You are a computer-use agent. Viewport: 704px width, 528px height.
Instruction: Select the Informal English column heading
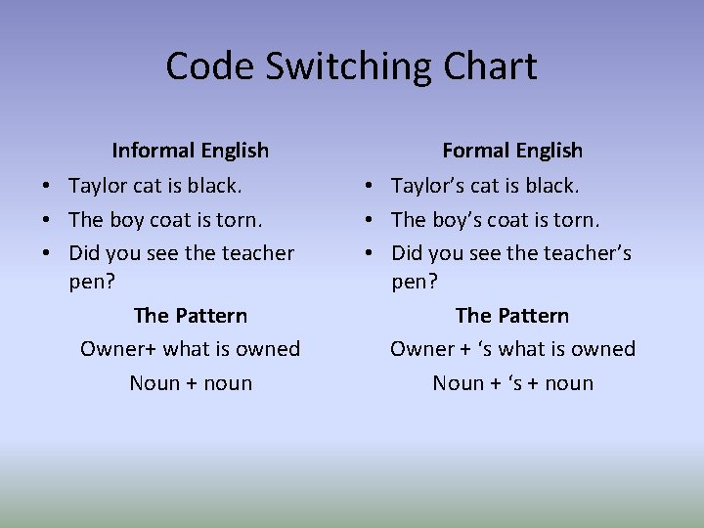[190, 151]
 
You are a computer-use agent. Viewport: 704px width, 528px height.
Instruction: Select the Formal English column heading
[512, 151]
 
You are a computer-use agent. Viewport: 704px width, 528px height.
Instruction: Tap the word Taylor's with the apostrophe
[427, 186]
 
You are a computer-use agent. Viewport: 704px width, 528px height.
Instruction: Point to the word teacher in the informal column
[257, 253]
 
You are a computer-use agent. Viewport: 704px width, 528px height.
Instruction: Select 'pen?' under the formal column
[414, 283]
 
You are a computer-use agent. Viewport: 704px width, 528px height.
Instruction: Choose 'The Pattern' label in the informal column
[190, 316]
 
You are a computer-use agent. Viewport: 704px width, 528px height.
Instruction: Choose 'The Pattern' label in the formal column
[512, 316]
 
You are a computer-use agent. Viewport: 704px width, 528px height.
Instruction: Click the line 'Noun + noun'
[191, 383]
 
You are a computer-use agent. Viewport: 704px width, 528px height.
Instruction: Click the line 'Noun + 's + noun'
[512, 383]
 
